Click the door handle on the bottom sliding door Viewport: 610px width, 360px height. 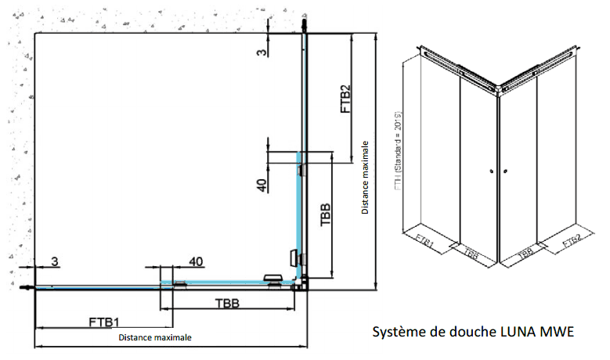pos(273,278)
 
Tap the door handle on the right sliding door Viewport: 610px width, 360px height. pos(294,257)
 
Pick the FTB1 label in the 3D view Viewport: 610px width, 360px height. pos(424,243)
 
